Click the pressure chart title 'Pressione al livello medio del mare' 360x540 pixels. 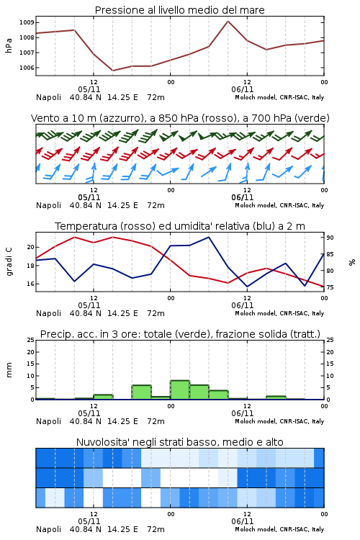point(179,10)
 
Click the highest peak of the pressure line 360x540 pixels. point(228,21)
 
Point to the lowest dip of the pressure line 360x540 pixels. point(112,71)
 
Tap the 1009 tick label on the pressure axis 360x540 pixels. point(27,23)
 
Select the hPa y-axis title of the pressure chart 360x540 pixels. point(9,45)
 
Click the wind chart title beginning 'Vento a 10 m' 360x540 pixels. point(180,118)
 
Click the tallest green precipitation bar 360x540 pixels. point(180,390)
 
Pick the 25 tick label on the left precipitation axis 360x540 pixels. point(31,340)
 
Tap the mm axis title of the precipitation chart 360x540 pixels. point(9,370)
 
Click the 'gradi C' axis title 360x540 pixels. point(9,262)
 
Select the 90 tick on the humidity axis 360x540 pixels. point(330,238)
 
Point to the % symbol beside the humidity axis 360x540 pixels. point(352,262)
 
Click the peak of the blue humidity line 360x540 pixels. point(208,237)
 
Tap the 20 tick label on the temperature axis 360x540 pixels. point(31,247)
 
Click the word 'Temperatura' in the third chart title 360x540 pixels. point(86,226)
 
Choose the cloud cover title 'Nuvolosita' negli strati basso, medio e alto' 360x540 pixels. point(179,442)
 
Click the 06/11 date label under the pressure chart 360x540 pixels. point(242,89)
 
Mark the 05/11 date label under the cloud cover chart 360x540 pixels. point(89,521)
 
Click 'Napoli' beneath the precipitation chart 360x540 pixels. point(48,421)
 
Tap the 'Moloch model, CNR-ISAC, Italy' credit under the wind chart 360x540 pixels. point(279,205)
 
